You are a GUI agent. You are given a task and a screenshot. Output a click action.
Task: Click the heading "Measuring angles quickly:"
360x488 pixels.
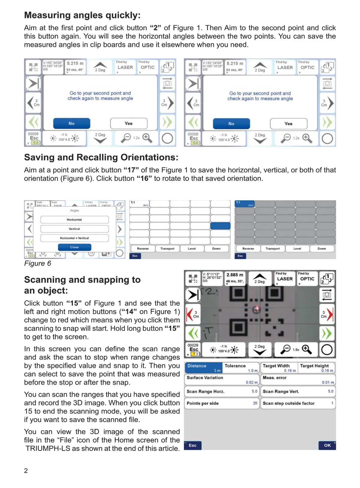(82, 15)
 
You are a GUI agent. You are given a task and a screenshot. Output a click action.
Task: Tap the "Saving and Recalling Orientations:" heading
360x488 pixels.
(101, 157)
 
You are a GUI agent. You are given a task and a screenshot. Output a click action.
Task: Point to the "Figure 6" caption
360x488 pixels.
(37, 263)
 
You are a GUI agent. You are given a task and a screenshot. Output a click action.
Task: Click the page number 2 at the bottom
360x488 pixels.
(26, 471)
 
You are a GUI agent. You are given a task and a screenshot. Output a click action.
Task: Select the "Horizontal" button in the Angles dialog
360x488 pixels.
(74, 220)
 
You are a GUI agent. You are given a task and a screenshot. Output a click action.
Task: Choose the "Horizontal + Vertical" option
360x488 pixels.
(74, 238)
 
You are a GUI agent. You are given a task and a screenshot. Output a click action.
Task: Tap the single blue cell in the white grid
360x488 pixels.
(220, 226)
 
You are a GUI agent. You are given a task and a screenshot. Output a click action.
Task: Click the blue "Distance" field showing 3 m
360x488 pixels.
(203, 368)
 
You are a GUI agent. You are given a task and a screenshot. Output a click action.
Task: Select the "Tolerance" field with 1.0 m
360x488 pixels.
(241, 368)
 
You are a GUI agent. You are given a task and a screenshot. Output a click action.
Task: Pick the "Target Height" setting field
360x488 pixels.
(316, 368)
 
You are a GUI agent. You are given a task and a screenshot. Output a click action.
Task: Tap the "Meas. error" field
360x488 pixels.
(298, 380)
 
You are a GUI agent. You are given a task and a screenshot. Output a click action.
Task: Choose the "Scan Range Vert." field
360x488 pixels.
(298, 391)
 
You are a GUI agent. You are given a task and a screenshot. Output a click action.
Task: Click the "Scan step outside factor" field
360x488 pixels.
(298, 403)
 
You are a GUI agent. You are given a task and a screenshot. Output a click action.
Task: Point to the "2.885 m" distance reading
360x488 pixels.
(235, 275)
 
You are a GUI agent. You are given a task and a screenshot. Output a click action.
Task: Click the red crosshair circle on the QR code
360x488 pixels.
(256, 310)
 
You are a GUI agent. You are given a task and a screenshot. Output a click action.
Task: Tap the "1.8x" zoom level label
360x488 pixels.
(296, 350)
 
